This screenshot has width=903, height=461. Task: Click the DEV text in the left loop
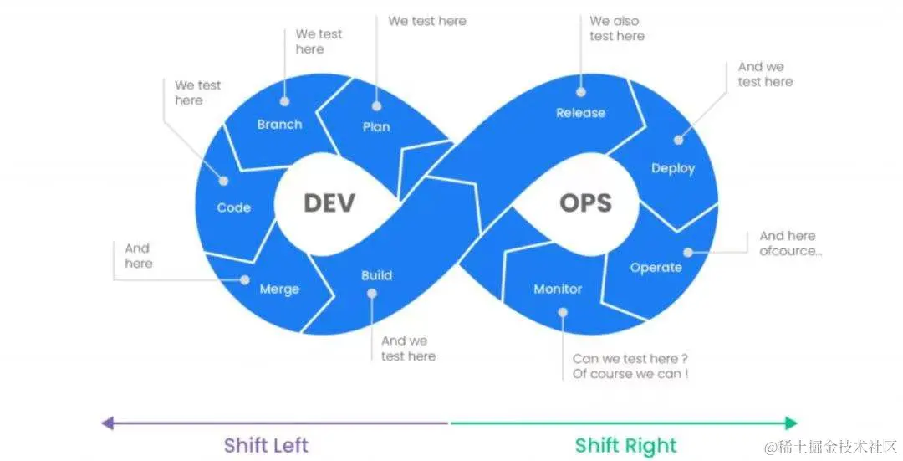329,202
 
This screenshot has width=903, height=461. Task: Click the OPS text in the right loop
585,202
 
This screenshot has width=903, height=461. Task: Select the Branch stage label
279,125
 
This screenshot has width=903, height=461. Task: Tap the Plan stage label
376,127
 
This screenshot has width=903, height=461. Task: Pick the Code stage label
234,207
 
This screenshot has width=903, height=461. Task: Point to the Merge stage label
279,289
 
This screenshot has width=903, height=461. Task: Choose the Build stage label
376,275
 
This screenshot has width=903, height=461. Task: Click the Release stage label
580,113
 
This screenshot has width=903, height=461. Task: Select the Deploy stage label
673,168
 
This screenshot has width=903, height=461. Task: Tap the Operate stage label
656,268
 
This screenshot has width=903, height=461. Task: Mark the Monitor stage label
558,289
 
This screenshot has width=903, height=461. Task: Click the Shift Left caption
266,445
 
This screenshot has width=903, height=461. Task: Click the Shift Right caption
625,445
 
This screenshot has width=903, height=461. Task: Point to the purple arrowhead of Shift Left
106,423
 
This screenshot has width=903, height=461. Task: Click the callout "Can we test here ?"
630,359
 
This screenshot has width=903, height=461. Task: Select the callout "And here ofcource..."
790,243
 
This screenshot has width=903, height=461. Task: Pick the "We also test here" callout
616,28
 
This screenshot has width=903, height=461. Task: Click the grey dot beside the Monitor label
563,312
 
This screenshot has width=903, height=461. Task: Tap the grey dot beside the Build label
372,294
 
